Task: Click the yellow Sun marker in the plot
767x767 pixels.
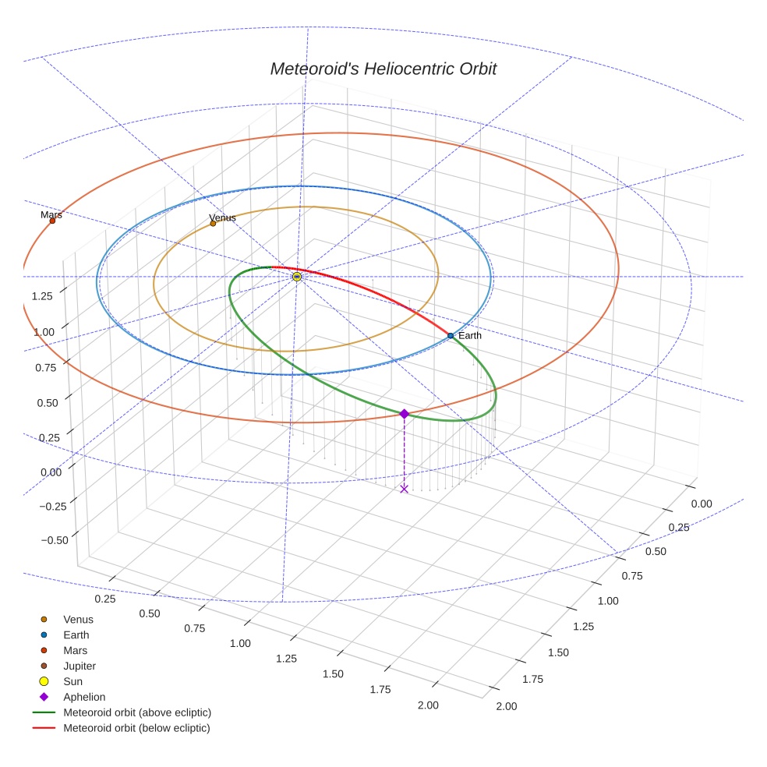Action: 297,277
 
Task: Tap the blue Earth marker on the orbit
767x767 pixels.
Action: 451,336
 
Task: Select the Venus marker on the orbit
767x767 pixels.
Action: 213,224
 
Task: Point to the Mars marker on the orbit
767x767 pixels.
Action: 52,221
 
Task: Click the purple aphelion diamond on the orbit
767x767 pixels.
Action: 404,414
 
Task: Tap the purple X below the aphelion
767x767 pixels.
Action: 404,489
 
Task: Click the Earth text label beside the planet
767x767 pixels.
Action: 470,335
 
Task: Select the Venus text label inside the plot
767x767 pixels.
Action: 223,217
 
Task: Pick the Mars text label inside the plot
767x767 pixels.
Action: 51,214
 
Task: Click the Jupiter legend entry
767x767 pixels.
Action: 80,666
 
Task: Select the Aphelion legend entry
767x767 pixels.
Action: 83,697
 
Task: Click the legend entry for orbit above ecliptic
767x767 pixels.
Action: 136,712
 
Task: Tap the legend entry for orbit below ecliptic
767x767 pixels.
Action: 136,728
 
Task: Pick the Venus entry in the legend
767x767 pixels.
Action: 78,620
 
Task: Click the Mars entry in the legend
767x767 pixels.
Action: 75,651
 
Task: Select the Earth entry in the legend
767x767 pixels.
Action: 76,635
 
